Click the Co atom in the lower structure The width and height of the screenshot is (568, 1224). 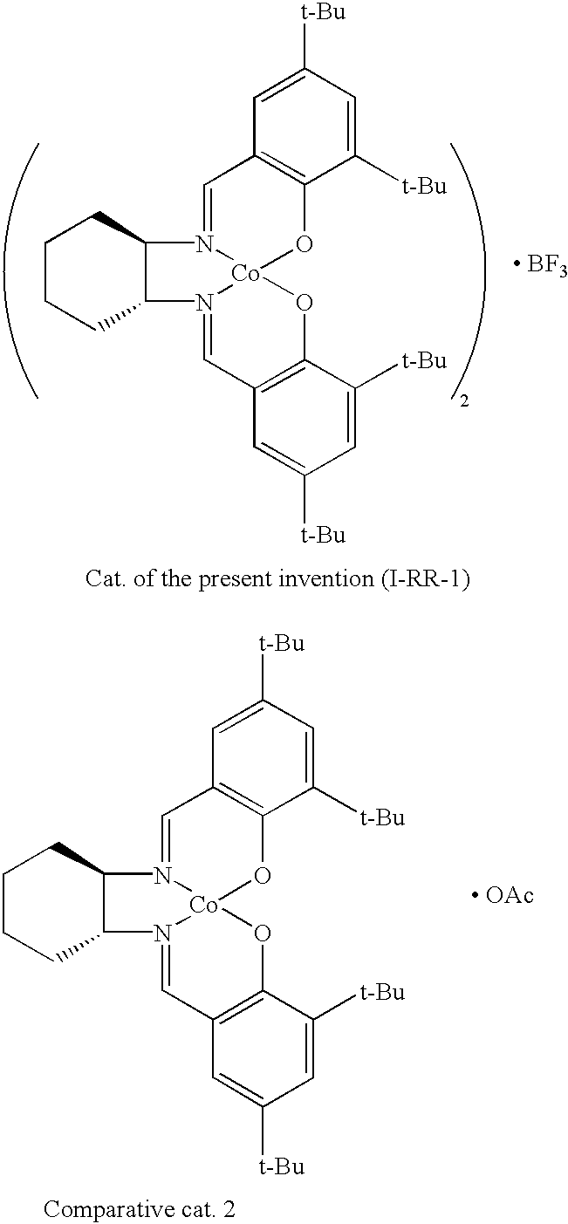(204, 906)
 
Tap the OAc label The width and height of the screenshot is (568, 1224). (510, 896)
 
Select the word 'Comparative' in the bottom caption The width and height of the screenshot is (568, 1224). (92, 1209)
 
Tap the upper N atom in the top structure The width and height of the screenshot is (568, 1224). (204, 245)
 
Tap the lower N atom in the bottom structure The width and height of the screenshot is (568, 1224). (162, 935)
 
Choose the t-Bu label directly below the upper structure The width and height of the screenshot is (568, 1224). (323, 533)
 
